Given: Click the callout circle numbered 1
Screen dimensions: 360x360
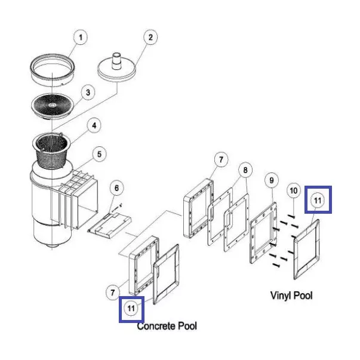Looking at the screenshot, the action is [x=81, y=37].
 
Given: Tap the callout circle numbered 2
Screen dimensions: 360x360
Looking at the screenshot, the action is [x=150, y=37].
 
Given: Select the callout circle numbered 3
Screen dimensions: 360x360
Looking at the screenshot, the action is [x=88, y=93].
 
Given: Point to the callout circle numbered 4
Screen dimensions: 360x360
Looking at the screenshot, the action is [x=94, y=125].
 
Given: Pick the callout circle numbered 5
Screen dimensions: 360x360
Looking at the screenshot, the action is [x=99, y=154].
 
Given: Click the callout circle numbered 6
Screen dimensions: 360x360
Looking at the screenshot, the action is [x=116, y=188].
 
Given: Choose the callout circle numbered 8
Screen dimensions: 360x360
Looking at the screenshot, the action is [x=245, y=170].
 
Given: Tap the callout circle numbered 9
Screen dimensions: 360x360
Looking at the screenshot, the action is [x=272, y=180].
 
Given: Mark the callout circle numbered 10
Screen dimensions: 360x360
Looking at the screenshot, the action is [x=294, y=190].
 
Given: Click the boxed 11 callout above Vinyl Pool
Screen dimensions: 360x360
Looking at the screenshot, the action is [x=318, y=200].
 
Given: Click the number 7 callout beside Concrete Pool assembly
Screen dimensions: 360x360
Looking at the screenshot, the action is [x=112, y=293].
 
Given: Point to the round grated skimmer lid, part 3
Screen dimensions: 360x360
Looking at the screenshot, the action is [x=53, y=106].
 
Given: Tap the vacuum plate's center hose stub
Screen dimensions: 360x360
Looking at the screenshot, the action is [x=117, y=61].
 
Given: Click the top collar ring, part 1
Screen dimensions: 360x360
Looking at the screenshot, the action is [x=53, y=70].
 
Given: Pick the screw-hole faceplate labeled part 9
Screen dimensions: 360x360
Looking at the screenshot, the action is [x=263, y=233].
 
